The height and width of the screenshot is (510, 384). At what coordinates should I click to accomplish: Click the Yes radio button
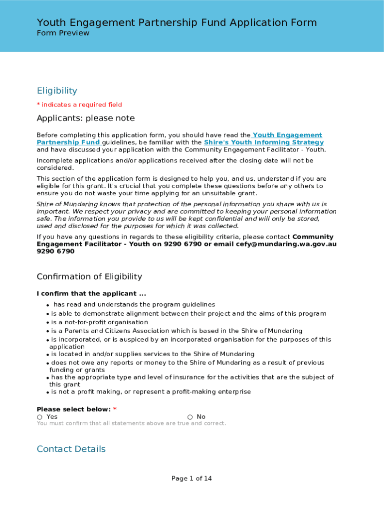[x=39, y=417]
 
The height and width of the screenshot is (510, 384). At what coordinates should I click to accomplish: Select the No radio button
[x=190, y=417]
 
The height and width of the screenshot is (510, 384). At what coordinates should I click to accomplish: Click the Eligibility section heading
[x=57, y=91]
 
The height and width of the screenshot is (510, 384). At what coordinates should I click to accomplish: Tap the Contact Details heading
[x=71, y=449]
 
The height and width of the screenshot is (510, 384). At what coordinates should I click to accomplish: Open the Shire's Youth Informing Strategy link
[x=264, y=142]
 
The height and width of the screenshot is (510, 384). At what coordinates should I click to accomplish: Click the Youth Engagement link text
[x=288, y=135]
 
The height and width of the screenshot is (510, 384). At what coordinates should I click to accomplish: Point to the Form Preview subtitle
[x=63, y=33]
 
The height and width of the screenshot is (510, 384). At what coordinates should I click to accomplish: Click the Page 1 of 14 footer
[x=192, y=479]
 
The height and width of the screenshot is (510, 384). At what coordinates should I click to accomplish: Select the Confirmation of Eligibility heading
[x=89, y=276]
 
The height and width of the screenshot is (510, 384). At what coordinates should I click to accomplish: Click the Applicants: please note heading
[x=86, y=118]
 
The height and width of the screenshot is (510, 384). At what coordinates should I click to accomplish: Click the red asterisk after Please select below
[x=115, y=409]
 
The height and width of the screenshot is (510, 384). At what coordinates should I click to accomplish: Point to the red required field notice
[x=79, y=105]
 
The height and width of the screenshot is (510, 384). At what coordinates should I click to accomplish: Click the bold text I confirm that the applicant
[x=91, y=294]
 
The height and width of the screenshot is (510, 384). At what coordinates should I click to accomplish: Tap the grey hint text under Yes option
[x=131, y=423]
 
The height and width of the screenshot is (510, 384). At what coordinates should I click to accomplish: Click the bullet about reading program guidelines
[x=134, y=304]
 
